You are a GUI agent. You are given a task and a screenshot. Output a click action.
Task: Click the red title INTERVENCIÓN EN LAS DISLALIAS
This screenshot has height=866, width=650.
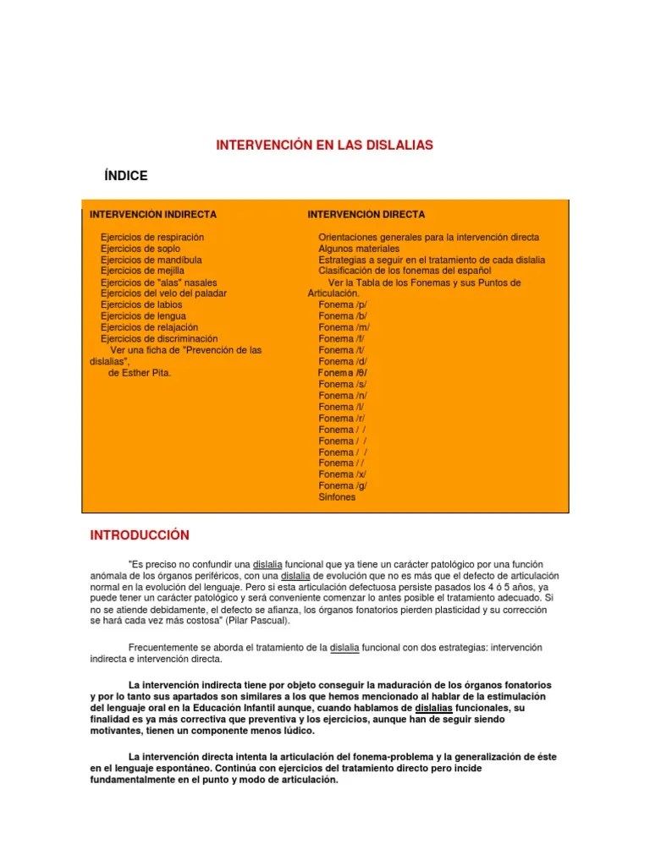324,145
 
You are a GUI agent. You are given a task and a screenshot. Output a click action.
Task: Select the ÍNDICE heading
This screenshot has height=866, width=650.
125,176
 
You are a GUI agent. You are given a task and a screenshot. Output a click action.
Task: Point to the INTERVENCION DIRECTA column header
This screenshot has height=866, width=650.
366,215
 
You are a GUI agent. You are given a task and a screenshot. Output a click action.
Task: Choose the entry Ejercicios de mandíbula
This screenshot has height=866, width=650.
151,260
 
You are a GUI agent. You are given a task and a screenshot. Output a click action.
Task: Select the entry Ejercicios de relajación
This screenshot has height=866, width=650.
149,327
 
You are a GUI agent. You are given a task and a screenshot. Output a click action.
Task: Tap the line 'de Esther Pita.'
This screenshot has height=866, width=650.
140,372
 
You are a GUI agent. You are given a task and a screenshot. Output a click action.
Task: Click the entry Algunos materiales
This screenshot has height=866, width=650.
358,249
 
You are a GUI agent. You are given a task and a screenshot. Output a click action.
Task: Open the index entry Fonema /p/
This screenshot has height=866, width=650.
343,304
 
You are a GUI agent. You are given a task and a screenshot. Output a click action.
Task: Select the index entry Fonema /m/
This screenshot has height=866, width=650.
344,327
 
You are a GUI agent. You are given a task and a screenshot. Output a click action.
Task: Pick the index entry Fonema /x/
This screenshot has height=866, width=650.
342,474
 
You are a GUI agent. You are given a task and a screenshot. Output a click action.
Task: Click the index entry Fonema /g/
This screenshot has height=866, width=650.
343,485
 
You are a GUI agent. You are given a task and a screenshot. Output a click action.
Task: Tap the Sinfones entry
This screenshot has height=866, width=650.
337,497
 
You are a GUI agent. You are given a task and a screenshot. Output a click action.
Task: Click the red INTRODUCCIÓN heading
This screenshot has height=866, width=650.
140,536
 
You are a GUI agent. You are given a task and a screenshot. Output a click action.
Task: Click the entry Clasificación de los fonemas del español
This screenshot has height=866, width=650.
405,271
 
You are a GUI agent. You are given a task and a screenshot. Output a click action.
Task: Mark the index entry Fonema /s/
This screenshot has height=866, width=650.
342,384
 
